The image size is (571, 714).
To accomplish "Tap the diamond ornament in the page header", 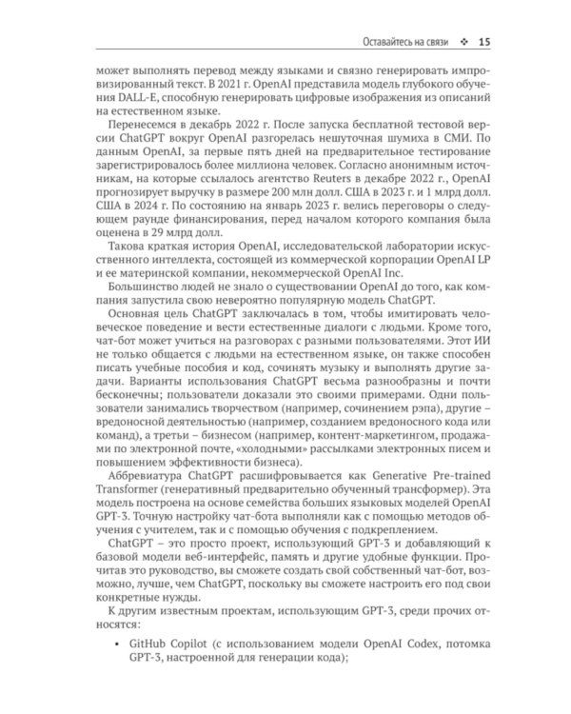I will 463,42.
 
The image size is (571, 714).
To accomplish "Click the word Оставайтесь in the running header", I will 377,42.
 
